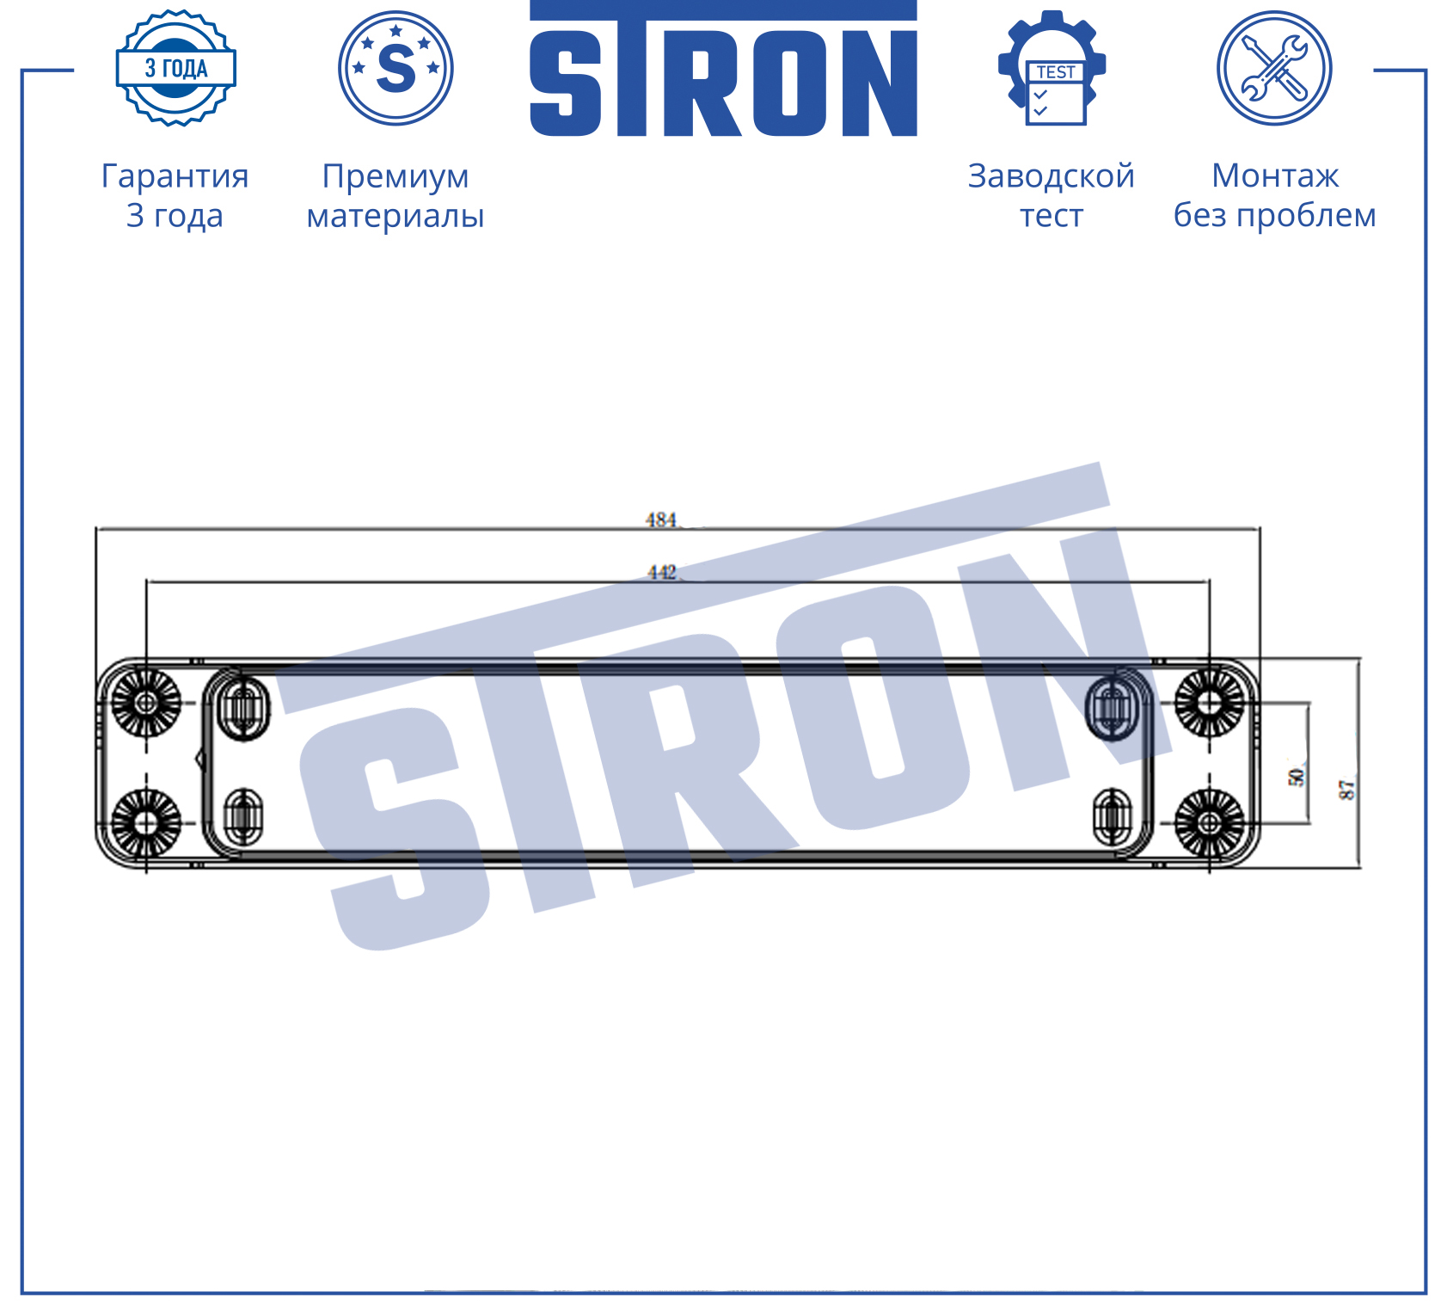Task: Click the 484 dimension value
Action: (661, 520)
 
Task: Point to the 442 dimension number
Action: (662, 572)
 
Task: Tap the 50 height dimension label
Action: (1297, 777)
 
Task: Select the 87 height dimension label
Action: (1347, 789)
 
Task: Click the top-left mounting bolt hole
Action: (146, 703)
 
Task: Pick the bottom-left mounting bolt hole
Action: (146, 823)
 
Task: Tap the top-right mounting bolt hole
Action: (1210, 703)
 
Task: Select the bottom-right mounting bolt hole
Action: (1210, 823)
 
